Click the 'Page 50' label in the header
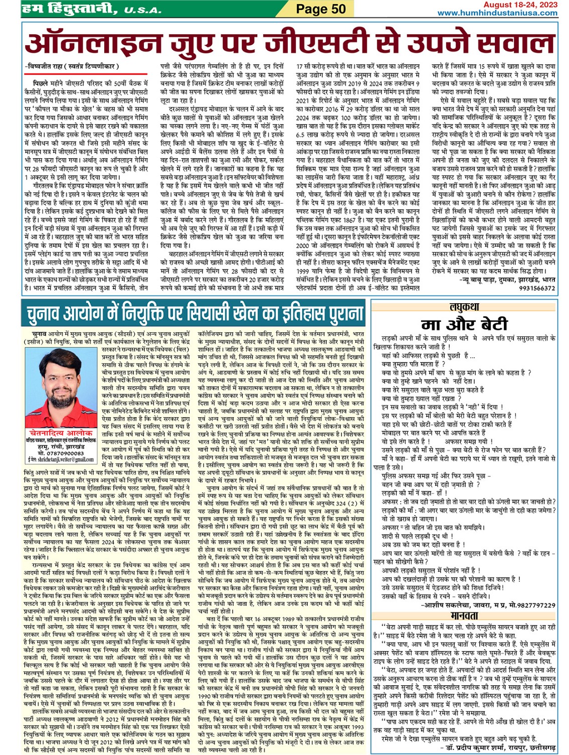pyautogui.click(x=320, y=9)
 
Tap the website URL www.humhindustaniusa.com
pyautogui.click(x=497, y=13)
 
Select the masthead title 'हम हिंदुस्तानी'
pyautogui.click(x=70, y=9)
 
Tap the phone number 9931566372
pyautogui.click(x=537, y=288)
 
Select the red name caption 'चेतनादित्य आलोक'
pyautogui.click(x=61, y=433)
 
